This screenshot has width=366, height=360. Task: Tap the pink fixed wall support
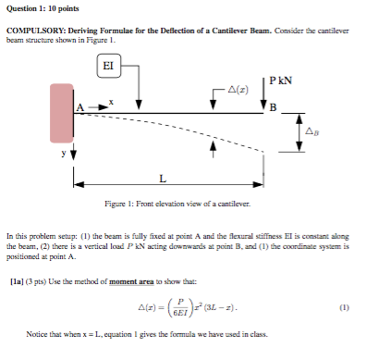tap(62, 113)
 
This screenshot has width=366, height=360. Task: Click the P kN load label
tap(281, 81)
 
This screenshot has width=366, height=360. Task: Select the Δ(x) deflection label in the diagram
tap(238, 89)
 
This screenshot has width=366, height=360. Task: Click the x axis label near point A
tap(112, 101)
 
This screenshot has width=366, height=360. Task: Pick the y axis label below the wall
tap(64, 155)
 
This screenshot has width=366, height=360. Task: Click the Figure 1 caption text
tap(174, 202)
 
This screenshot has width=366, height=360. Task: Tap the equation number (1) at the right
tap(344, 306)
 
